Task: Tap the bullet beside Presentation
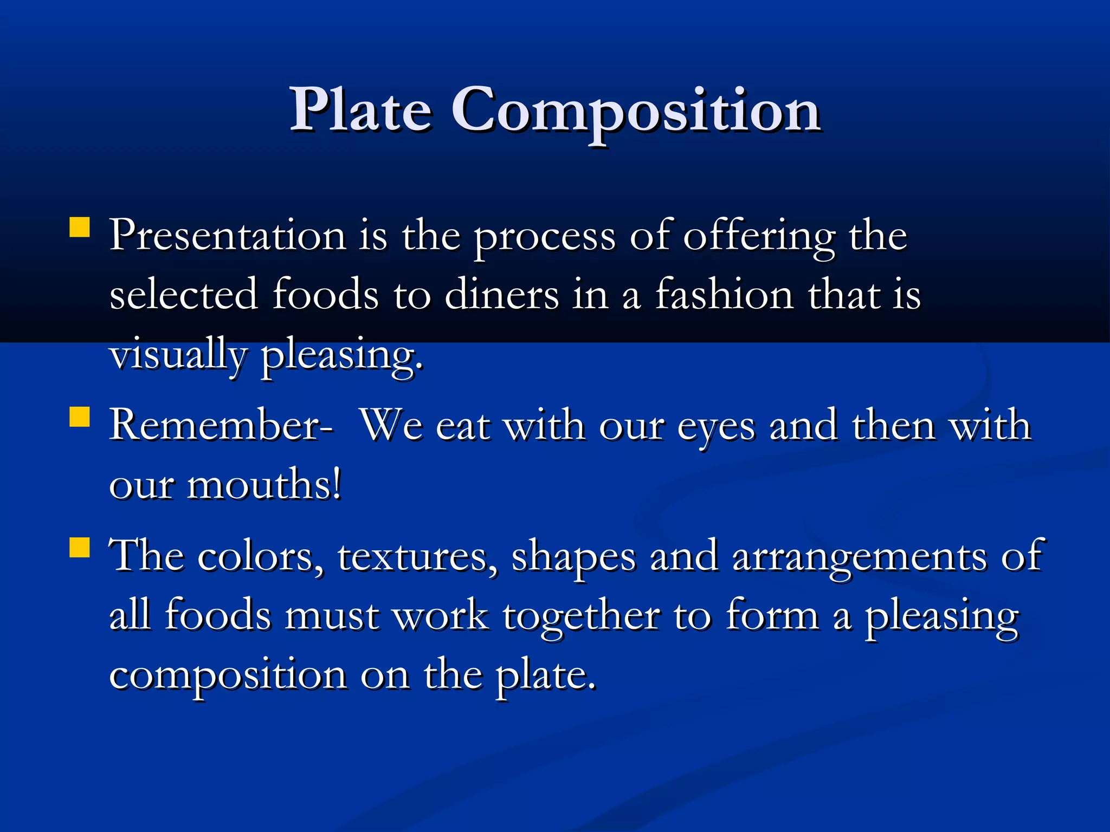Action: coord(80,227)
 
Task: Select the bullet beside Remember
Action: coord(80,418)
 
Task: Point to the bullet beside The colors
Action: coord(80,547)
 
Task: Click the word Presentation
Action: coord(228,236)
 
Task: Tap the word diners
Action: coord(501,295)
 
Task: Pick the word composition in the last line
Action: coord(228,676)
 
